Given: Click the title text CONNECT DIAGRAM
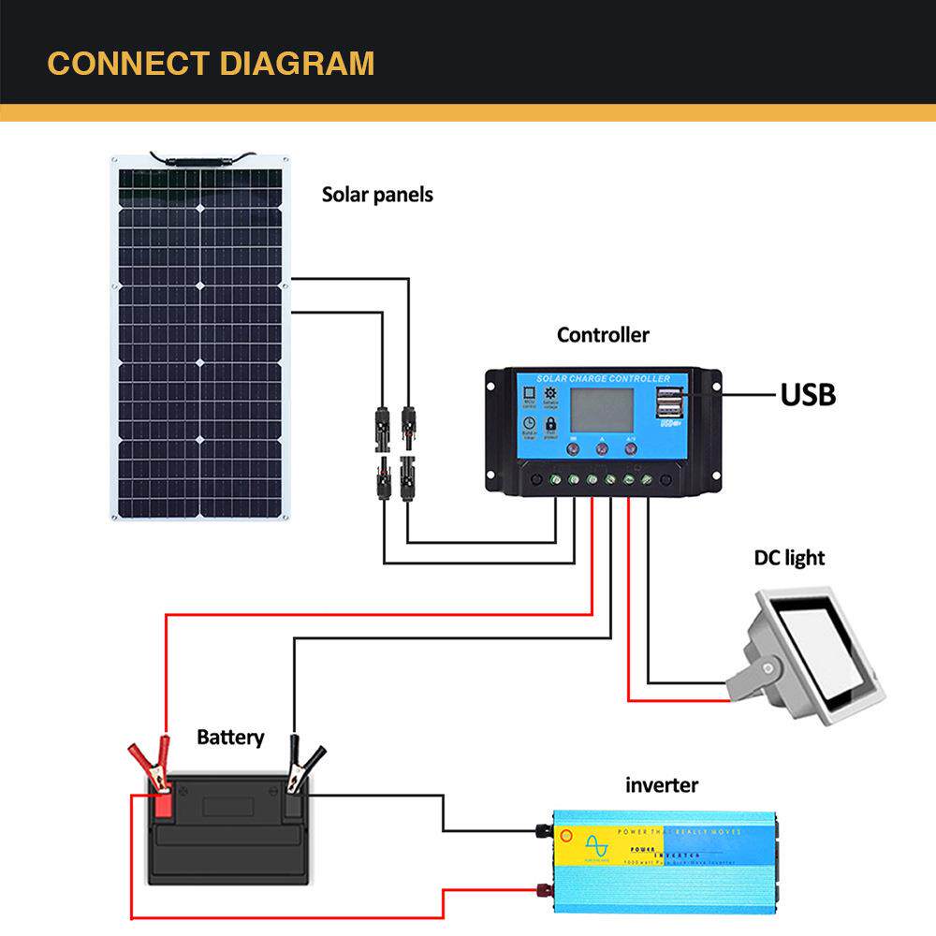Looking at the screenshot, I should point(211,64).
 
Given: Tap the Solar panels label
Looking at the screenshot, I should point(377,195).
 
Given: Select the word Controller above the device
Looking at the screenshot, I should point(602,335).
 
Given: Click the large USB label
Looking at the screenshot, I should point(808,395).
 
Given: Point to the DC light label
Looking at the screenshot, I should point(789,558).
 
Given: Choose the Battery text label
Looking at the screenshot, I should point(230,738).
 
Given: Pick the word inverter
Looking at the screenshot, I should point(661,784).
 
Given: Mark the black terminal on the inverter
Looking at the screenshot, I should point(542,829).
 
